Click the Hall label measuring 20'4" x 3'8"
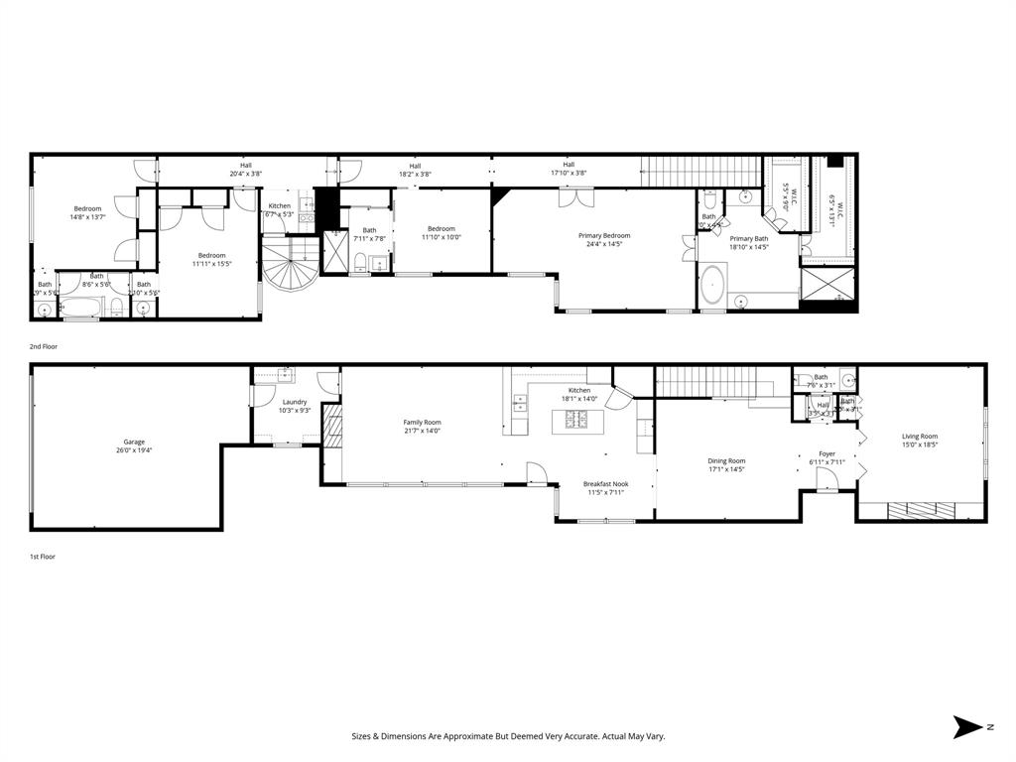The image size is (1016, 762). point(245,170)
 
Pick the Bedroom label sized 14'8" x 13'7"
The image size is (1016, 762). point(87,212)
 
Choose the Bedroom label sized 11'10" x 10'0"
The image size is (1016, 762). point(442,233)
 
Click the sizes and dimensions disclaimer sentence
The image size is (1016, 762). point(508,736)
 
